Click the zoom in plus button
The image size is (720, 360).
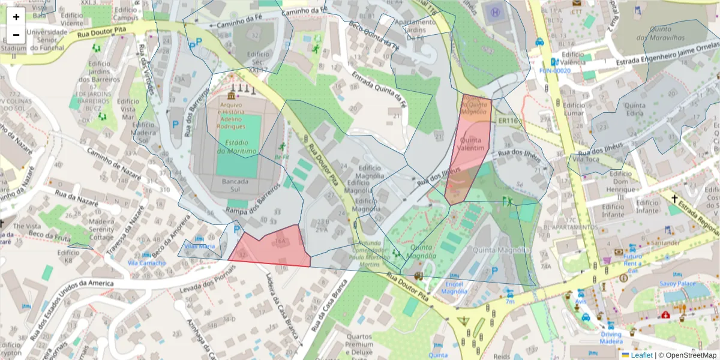tap(16, 17)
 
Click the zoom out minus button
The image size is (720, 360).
tap(16, 35)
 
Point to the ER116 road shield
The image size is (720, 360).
tap(508, 121)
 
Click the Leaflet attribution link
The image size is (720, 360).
tap(641, 355)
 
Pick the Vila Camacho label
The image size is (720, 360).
tap(146, 263)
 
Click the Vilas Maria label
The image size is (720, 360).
tap(199, 246)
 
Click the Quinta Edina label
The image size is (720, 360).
tap(634, 110)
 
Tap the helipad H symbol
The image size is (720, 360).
tap(495, 11)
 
